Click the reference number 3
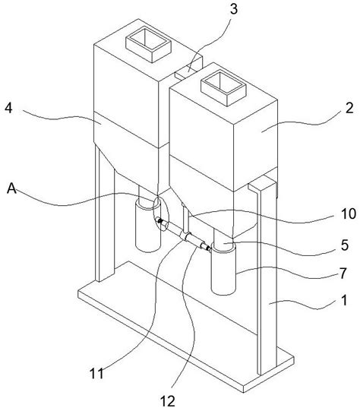pyautogui.click(x=234, y=9)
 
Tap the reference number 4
pyautogui.click(x=8, y=108)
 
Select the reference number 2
pyautogui.click(x=349, y=107)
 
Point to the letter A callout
pyautogui.click(x=11, y=188)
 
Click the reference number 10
pyautogui.click(x=349, y=213)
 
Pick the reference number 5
pyautogui.click(x=344, y=245)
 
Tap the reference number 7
pyautogui.click(x=343, y=273)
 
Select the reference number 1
pyautogui.click(x=344, y=300)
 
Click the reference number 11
pyautogui.click(x=96, y=374)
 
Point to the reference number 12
pyautogui.click(x=168, y=401)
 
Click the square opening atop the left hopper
pyautogui.click(x=148, y=45)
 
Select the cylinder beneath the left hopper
pyautogui.click(x=148, y=226)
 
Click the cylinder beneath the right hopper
pyautogui.click(x=224, y=268)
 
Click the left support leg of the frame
pyautogui.click(x=105, y=213)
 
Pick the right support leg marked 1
pyautogui.click(x=266, y=276)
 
